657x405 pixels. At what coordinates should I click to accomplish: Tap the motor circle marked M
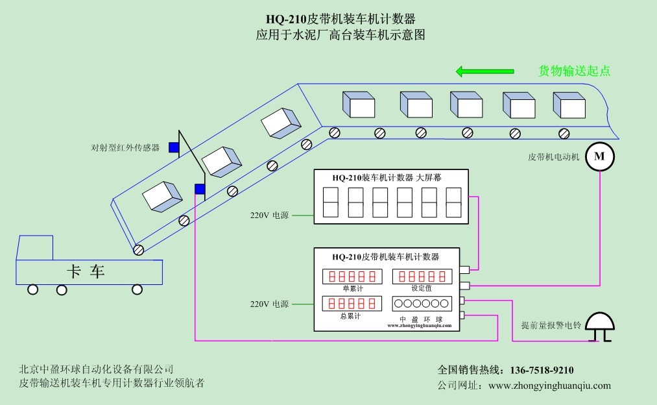(x=599, y=156)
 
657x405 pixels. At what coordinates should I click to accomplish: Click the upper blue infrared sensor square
(x=174, y=147)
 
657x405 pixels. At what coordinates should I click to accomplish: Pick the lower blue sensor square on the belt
(x=200, y=189)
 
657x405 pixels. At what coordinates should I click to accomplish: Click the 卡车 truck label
(x=86, y=271)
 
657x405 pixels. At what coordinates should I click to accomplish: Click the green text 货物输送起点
(x=575, y=71)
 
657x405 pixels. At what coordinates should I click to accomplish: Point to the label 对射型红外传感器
(x=125, y=148)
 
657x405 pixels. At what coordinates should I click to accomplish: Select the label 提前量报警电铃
(x=551, y=326)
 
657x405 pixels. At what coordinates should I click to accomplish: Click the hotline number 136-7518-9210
(x=542, y=371)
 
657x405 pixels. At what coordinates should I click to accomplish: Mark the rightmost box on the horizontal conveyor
(x=568, y=103)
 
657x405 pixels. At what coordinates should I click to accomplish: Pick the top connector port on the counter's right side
(x=464, y=269)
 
